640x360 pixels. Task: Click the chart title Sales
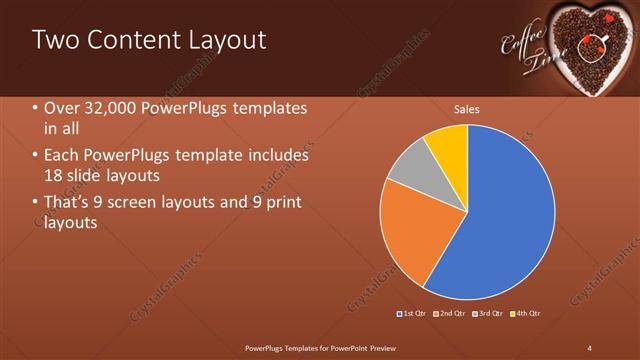click(x=467, y=108)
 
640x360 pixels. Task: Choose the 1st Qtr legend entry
click(x=413, y=314)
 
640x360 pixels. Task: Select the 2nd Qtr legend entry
click(x=451, y=314)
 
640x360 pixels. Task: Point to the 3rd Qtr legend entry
click(x=489, y=314)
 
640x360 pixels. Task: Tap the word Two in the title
click(x=56, y=41)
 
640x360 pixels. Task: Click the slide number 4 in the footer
click(x=590, y=347)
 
